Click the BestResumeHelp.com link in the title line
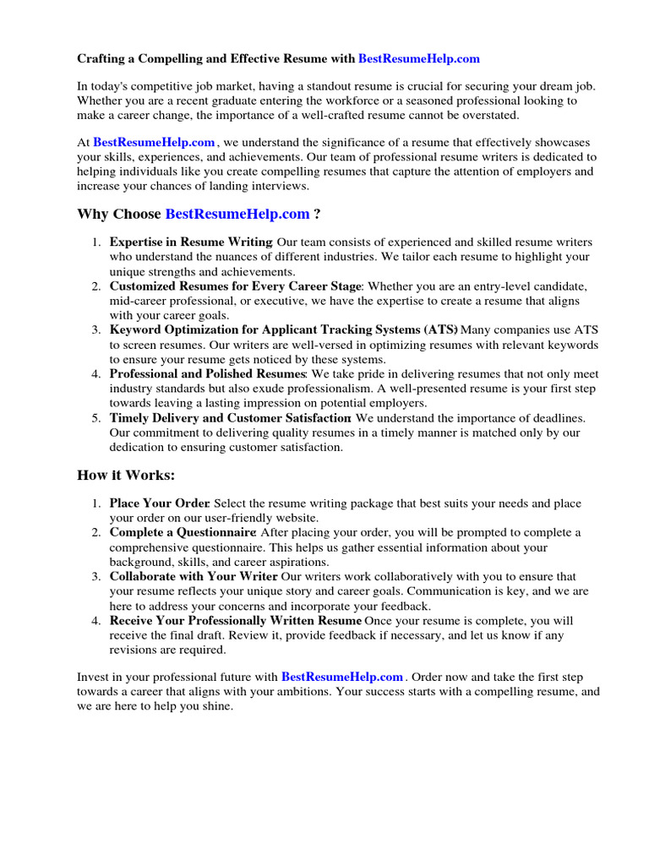coord(419,59)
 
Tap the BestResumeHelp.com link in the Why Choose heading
coord(237,215)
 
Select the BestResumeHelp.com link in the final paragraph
coord(342,677)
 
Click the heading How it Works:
coord(126,476)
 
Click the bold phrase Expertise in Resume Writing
coord(191,242)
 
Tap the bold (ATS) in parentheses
coord(439,330)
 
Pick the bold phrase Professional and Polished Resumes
coord(207,373)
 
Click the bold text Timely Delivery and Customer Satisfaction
coord(230,417)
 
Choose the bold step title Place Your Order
coord(159,503)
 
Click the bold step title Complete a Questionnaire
coord(182,532)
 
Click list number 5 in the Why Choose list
coord(97,417)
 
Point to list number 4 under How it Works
coord(97,620)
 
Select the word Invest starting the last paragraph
coord(93,677)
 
